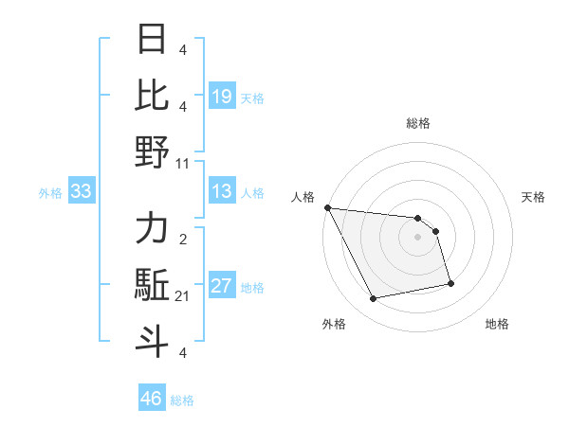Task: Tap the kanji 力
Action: point(153,230)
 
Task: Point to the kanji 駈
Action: point(153,286)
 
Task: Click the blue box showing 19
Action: point(222,97)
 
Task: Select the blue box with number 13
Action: point(222,192)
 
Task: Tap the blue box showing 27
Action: point(222,286)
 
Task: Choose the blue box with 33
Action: point(82,192)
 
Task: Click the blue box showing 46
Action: point(152,399)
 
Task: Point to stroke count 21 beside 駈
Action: point(183,296)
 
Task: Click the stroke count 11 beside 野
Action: point(183,163)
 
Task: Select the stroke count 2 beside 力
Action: point(183,240)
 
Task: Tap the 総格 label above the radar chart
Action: point(417,123)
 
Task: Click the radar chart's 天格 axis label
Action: point(534,197)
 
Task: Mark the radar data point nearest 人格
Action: point(327,207)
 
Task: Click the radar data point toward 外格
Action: point(374,299)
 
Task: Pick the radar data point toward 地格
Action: point(450,283)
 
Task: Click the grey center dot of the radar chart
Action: point(417,237)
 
